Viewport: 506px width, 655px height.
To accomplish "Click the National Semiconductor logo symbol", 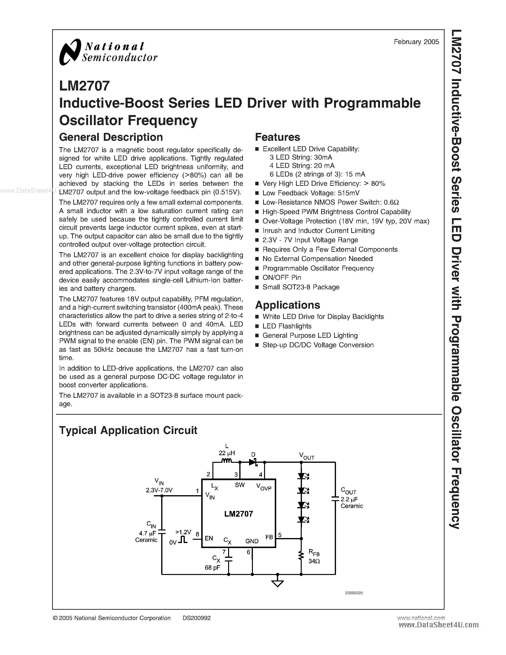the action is (70, 52).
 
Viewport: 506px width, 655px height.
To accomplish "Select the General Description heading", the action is (111, 137).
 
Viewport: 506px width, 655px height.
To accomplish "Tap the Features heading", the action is (277, 137).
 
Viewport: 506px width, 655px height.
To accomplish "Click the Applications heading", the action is (287, 305).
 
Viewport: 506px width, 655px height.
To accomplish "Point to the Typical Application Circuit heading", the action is (128, 430).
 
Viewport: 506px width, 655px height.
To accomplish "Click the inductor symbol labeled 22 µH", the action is (226, 461).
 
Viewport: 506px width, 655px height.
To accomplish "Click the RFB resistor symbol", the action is (301, 555).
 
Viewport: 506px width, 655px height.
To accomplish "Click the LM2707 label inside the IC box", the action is (239, 514).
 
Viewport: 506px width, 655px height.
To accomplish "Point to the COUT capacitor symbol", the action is (335, 499).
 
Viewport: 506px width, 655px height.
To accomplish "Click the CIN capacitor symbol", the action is (162, 531).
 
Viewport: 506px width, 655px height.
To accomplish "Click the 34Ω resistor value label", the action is (314, 561).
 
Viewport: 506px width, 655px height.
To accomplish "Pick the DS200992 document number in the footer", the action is (197, 618).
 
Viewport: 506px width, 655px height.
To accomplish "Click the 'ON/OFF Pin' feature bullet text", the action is (281, 278).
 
